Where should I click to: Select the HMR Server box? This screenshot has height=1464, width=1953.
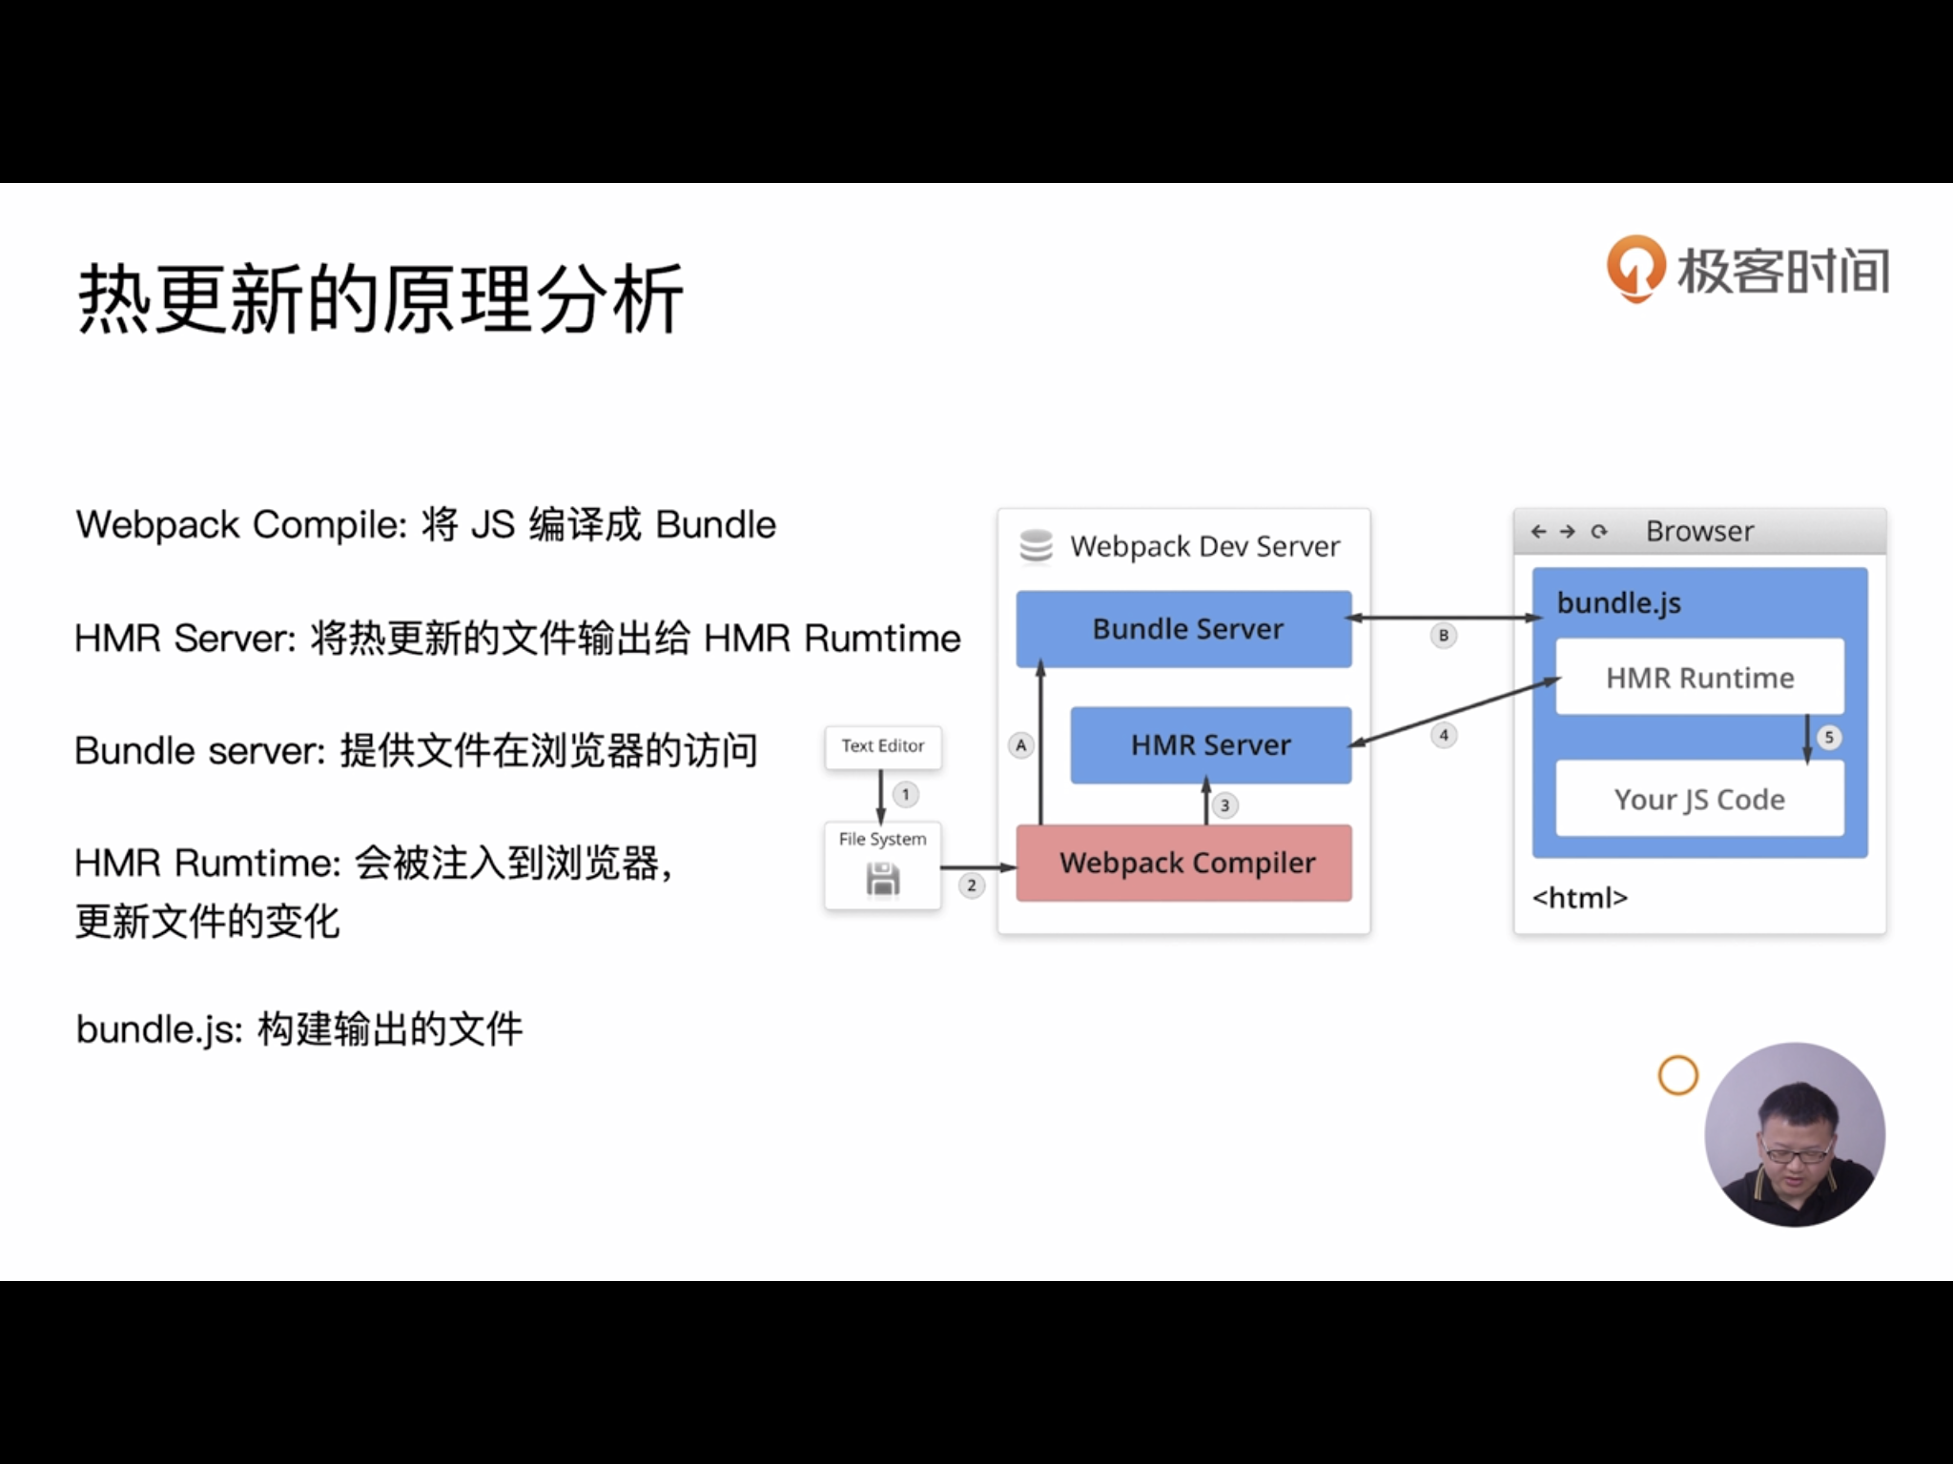(1210, 745)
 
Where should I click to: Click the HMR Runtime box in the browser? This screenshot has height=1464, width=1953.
(1699, 678)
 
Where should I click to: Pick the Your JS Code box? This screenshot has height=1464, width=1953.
(1699, 799)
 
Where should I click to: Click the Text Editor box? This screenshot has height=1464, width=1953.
(882, 746)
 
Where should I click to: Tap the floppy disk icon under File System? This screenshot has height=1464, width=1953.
(883, 880)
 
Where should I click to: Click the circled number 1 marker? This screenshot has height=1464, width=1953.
(905, 794)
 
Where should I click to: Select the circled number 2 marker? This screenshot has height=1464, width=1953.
(971, 885)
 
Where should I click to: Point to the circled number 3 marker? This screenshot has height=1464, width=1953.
(1225, 806)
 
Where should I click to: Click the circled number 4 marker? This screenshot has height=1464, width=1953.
(1444, 735)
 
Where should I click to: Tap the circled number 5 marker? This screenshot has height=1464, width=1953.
(1829, 737)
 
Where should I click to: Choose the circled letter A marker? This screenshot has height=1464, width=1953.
(1021, 745)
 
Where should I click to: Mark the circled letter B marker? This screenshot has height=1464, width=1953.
(1444, 636)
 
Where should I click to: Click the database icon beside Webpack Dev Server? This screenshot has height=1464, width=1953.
(1036, 546)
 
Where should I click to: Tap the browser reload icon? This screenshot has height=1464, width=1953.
(1599, 531)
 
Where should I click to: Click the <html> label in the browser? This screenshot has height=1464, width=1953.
(1579, 898)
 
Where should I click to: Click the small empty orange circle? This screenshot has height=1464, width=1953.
(1678, 1076)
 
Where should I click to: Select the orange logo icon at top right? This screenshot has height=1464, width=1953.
(1635, 269)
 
